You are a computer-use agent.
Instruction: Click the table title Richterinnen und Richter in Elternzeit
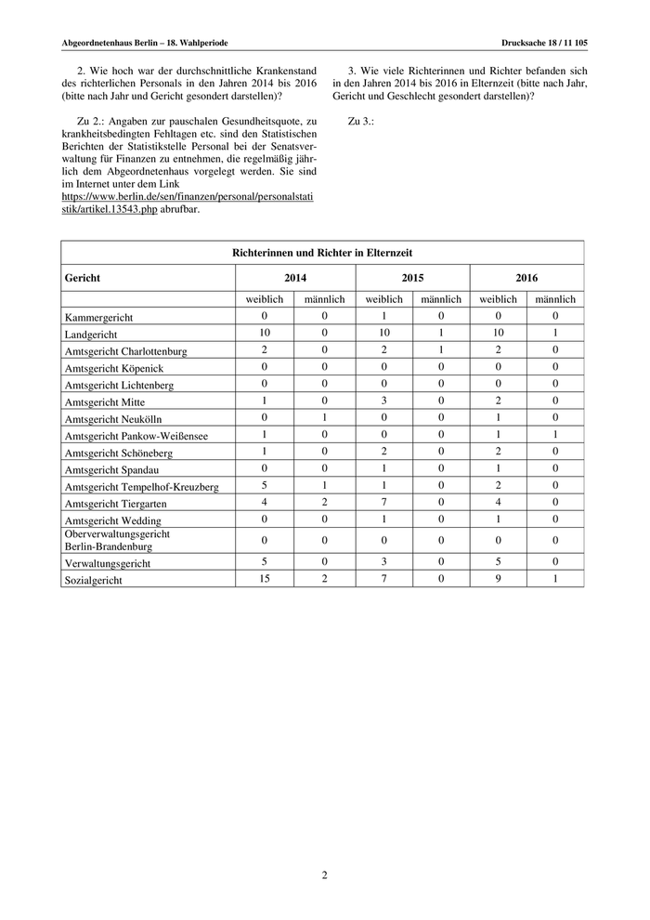(322, 252)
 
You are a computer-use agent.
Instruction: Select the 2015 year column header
(412, 277)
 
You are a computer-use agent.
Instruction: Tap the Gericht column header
(83, 277)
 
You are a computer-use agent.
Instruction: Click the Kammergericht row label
(99, 317)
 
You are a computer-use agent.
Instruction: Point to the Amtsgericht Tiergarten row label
(116, 503)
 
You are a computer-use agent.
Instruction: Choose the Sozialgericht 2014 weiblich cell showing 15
(264, 578)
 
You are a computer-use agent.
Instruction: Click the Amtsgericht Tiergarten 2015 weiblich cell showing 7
(383, 502)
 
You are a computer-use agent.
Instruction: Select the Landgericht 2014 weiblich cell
(264, 333)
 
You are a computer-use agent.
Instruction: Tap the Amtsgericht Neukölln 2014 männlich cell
(325, 417)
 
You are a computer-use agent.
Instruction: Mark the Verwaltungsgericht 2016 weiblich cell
(498, 561)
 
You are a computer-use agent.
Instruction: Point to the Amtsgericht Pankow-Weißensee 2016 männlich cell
(555, 434)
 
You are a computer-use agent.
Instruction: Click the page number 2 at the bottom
(325, 874)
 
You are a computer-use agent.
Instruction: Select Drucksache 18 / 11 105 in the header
(544, 43)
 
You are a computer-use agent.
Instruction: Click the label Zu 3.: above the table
(360, 121)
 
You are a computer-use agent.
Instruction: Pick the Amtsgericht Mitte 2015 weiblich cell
(383, 401)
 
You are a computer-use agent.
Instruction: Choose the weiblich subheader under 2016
(498, 299)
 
